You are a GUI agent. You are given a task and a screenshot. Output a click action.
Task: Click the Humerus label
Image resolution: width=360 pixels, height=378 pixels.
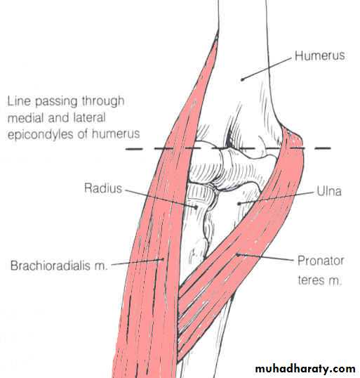pyautogui.click(x=320, y=56)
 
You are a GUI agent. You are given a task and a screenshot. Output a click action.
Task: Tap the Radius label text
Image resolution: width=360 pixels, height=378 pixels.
pyautogui.click(x=103, y=188)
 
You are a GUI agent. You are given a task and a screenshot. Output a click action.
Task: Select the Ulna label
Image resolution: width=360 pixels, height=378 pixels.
pyautogui.click(x=329, y=191)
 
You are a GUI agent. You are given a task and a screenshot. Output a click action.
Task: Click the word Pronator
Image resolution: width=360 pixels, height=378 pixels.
pyautogui.click(x=321, y=261)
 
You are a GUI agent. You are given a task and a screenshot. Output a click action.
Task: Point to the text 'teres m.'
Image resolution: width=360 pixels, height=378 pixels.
pyautogui.click(x=319, y=280)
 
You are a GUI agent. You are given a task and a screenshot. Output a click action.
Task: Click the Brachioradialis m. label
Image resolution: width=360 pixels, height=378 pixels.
pyautogui.click(x=58, y=266)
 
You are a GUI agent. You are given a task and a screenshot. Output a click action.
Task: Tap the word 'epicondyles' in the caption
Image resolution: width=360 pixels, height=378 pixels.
pyautogui.click(x=41, y=134)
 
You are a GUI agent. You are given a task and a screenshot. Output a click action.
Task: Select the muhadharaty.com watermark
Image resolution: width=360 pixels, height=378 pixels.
pyautogui.click(x=305, y=369)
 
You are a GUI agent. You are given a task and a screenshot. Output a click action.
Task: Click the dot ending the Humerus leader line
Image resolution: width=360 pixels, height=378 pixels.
pyautogui.click(x=242, y=79)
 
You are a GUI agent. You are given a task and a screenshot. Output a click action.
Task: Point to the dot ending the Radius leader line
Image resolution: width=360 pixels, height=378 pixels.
pyautogui.click(x=196, y=207)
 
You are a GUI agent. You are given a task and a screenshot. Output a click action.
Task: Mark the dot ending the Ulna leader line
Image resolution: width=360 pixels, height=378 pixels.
pyautogui.click(x=239, y=204)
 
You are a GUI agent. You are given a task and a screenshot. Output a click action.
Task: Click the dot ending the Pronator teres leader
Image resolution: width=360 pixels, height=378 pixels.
pyautogui.click(x=237, y=254)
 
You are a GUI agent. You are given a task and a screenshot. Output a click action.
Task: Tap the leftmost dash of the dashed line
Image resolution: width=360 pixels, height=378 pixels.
pyautogui.click(x=134, y=149)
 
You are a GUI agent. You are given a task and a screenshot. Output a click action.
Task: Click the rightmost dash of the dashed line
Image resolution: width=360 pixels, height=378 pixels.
pyautogui.click(x=323, y=148)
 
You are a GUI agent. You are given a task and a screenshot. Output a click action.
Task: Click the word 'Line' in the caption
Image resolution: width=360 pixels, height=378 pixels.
pyautogui.click(x=19, y=101)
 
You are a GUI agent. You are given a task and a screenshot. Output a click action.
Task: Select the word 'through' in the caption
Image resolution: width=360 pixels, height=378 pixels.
pyautogui.click(x=103, y=101)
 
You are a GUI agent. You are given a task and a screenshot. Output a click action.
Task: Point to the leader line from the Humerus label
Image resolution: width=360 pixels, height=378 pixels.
pyautogui.click(x=267, y=69)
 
